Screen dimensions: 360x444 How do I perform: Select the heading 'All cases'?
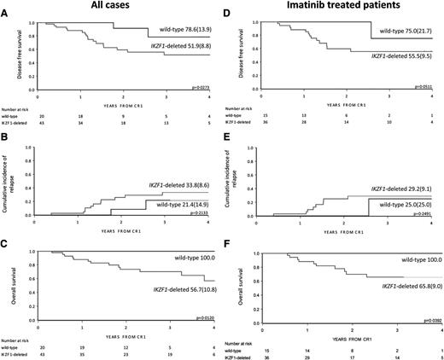click(x=114, y=6)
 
